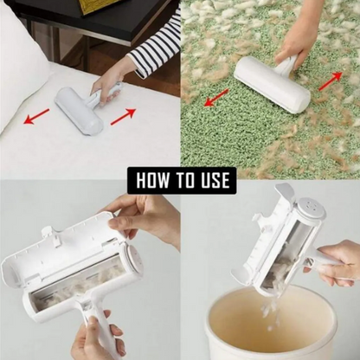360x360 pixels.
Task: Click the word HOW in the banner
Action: coord(153,181)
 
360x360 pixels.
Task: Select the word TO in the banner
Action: coord(183,181)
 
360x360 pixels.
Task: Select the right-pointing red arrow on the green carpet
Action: coord(330,81)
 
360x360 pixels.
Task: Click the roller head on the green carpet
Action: coord(272,85)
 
